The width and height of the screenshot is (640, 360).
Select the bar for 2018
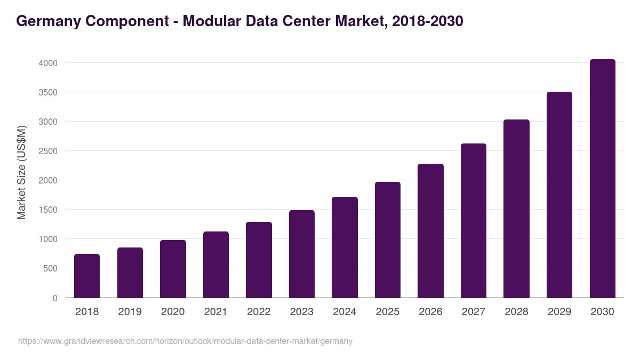(x=87, y=276)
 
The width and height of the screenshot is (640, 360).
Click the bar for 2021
(x=215, y=265)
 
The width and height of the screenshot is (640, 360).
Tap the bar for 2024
(x=345, y=247)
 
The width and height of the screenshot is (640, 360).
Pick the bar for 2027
(x=473, y=221)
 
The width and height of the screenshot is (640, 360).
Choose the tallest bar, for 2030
(x=602, y=179)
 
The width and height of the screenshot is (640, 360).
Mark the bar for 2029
(x=559, y=195)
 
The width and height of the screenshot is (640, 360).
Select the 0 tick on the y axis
(x=55, y=298)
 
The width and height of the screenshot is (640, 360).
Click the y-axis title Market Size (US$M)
(x=21, y=172)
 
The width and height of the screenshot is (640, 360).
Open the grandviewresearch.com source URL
(x=185, y=341)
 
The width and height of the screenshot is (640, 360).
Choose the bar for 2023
(x=301, y=254)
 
